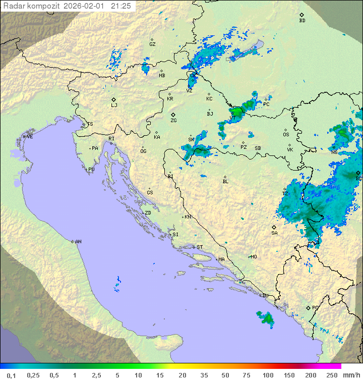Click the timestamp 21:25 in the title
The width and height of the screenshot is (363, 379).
pyautogui.click(x=121, y=6)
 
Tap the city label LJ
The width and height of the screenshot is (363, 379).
pyautogui.click(x=114, y=105)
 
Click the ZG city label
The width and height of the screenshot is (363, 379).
pyautogui.click(x=173, y=121)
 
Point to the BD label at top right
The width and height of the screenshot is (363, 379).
pyautogui.click(x=302, y=21)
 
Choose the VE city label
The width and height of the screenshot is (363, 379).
pyautogui.click(x=30, y=137)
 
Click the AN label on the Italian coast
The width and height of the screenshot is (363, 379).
pyautogui.click(x=78, y=242)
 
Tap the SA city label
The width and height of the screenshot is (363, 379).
pyautogui.click(x=274, y=233)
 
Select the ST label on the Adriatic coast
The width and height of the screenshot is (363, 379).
pyautogui.click(x=200, y=247)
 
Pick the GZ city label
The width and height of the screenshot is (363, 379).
pyautogui.click(x=152, y=44)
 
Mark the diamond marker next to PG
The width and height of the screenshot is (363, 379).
pyautogui.click(x=308, y=307)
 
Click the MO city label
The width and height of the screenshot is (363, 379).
pyautogui.click(x=254, y=257)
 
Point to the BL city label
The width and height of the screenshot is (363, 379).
pyautogui.click(x=225, y=181)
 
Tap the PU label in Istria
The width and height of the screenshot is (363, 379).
pyautogui.click(x=91, y=170)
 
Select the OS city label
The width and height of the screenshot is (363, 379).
pyautogui.click(x=286, y=135)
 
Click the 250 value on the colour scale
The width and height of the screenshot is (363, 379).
pyautogui.click(x=331, y=375)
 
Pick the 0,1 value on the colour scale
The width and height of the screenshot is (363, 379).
pyautogui.click(x=11, y=375)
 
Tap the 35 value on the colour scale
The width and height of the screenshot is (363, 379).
pyautogui.click(x=204, y=375)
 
